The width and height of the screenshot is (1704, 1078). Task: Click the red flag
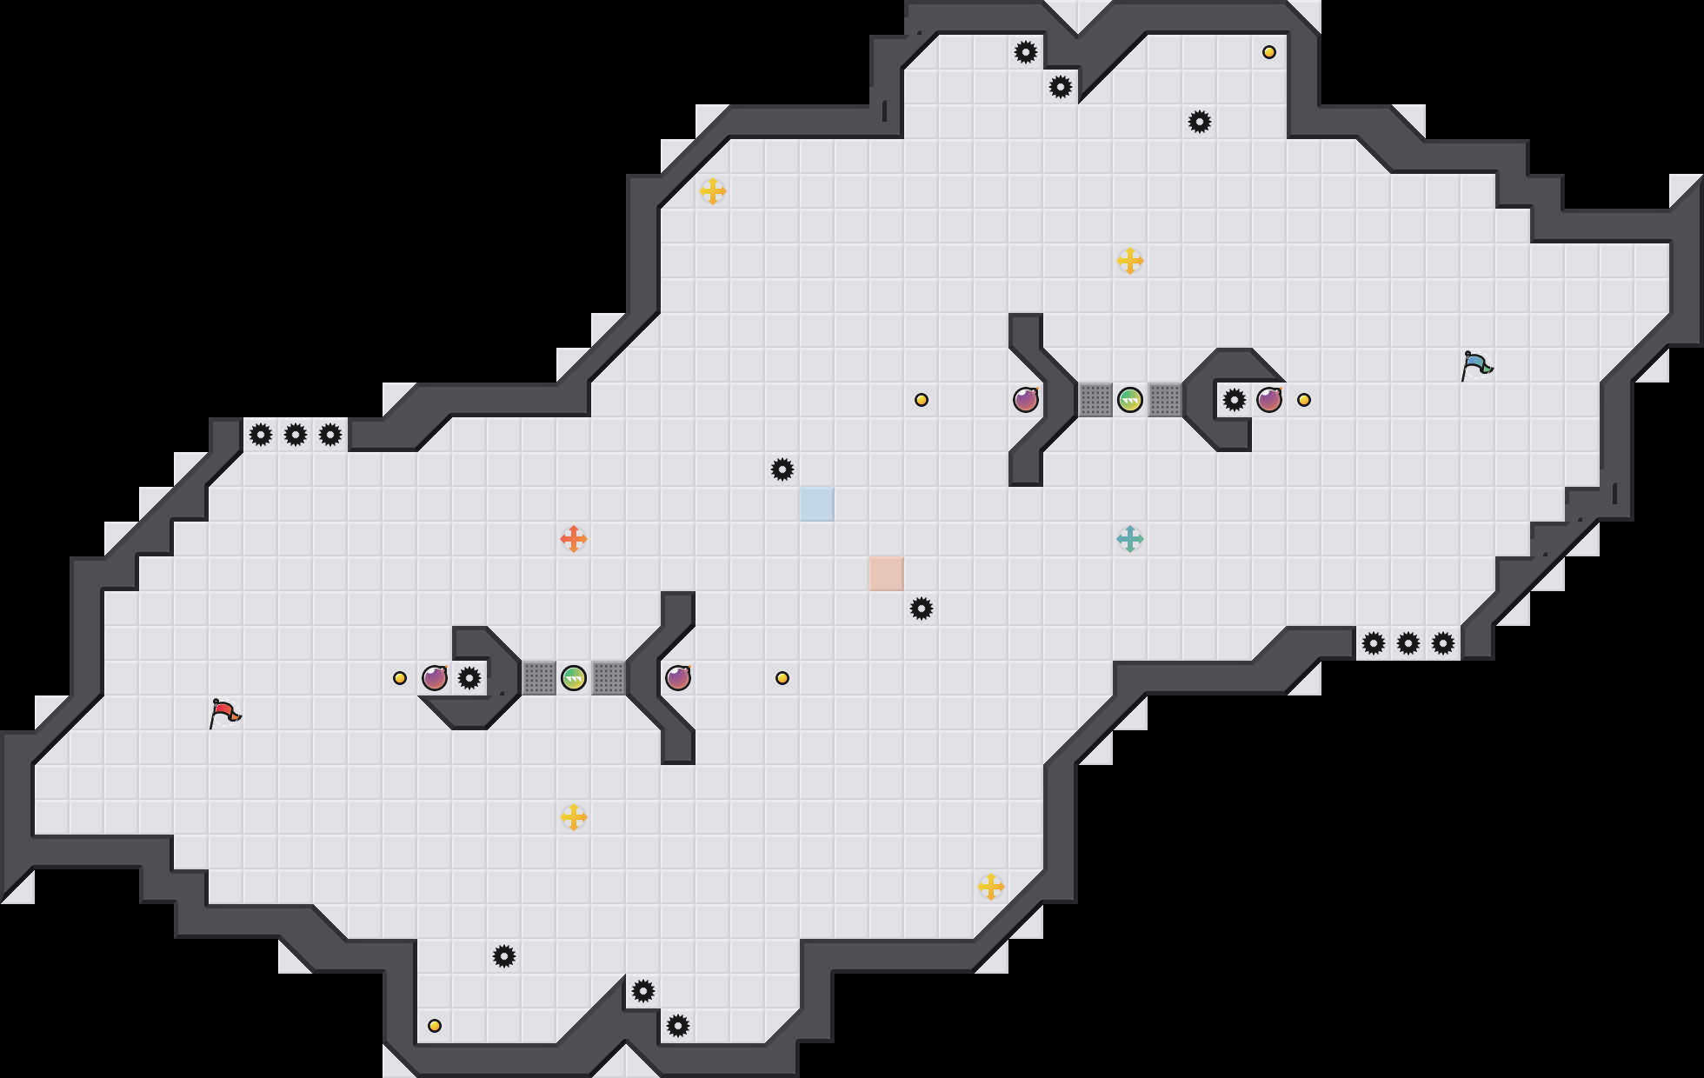click(224, 713)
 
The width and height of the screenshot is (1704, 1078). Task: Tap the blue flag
click(1476, 365)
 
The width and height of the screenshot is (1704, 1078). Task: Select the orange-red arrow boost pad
click(574, 539)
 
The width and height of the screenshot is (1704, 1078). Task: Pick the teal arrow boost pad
click(1130, 539)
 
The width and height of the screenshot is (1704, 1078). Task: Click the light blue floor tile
click(817, 504)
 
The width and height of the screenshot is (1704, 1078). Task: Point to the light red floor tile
click(887, 574)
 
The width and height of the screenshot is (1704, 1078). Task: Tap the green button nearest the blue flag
click(1130, 400)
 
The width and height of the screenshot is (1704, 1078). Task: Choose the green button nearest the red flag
click(574, 678)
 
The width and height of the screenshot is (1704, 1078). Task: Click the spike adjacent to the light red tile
click(922, 609)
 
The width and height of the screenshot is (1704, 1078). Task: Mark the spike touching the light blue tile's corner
click(782, 469)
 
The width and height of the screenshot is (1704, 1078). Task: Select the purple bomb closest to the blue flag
click(1269, 400)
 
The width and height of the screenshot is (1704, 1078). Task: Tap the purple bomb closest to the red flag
click(435, 678)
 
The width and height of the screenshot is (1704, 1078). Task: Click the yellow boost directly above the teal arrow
click(1130, 261)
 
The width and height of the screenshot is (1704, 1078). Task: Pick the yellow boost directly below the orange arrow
click(574, 817)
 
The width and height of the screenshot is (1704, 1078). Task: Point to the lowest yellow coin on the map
click(435, 1026)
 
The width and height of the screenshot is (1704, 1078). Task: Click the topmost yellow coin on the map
click(1269, 52)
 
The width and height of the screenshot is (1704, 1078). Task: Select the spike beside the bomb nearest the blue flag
click(1235, 400)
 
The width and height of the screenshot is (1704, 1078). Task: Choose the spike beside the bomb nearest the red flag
click(469, 678)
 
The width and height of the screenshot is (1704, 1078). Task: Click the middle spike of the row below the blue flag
click(1408, 643)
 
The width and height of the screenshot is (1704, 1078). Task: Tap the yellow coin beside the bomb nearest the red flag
click(400, 678)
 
